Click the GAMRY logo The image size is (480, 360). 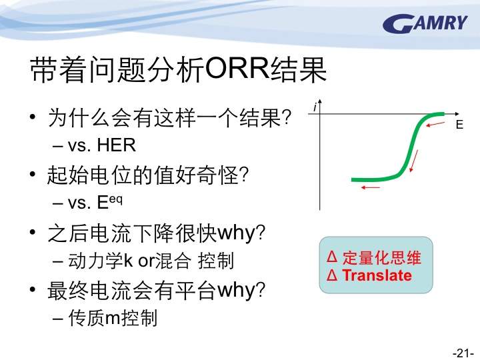[x=425, y=24]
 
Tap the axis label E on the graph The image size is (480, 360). [x=459, y=125]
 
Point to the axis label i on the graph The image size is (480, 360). [x=315, y=107]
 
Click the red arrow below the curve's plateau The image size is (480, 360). [x=371, y=187]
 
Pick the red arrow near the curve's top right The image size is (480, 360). [x=435, y=124]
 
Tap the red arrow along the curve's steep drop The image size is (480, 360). [x=413, y=161]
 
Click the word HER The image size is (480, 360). [x=116, y=145]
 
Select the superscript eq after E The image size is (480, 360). [x=116, y=199]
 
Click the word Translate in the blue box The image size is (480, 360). [x=377, y=275]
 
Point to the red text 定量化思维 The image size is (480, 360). [x=382, y=257]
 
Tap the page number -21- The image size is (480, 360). [x=463, y=353]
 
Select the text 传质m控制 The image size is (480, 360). [x=113, y=318]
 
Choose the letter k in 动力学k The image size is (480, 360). [x=128, y=260]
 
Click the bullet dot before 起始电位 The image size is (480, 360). [x=33, y=174]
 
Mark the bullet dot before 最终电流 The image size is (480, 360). [x=33, y=289]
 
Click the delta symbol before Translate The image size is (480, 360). [x=332, y=275]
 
